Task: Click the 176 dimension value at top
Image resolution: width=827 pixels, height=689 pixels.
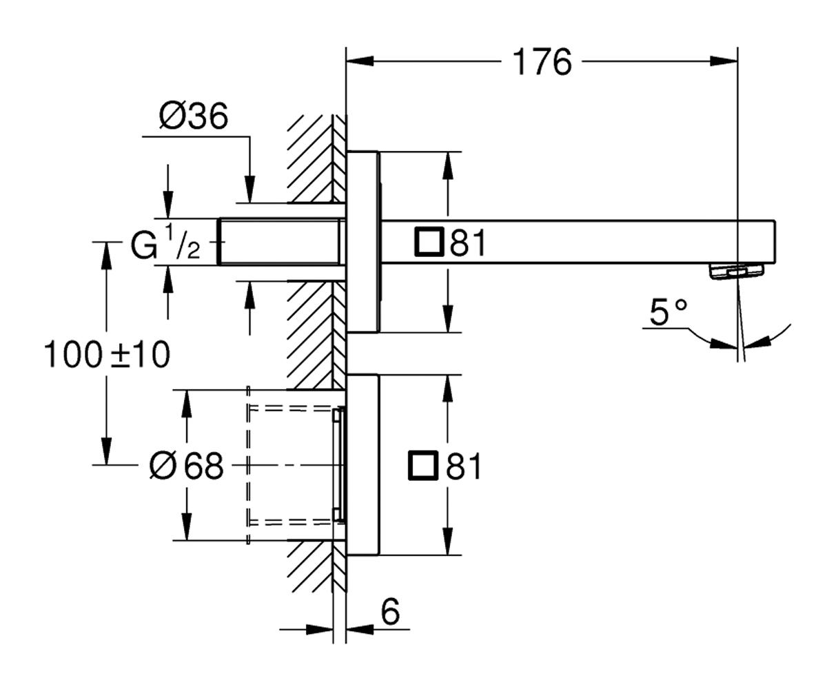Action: pyautogui.click(x=542, y=62)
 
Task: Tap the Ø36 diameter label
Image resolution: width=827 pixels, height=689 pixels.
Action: pyautogui.click(x=194, y=116)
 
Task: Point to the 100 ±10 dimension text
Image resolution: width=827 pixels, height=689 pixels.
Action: pyautogui.click(x=108, y=355)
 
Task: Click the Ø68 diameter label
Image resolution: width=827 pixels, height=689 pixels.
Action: pyautogui.click(x=187, y=466)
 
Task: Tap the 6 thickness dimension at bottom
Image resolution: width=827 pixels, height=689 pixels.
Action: pyautogui.click(x=390, y=612)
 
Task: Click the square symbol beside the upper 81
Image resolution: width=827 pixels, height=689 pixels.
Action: pyautogui.click(x=429, y=242)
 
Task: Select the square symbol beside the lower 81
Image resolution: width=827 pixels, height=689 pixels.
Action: pyautogui.click(x=423, y=466)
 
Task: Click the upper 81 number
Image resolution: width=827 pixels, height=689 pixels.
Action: pyautogui.click(x=468, y=243)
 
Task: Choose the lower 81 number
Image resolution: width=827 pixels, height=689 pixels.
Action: pyautogui.click(x=464, y=466)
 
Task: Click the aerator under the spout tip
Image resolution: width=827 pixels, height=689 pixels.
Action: pyautogui.click(x=736, y=271)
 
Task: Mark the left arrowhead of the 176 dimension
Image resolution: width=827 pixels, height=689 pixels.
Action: pyautogui.click(x=360, y=61)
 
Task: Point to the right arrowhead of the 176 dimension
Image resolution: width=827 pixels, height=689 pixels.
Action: pyautogui.click(x=724, y=61)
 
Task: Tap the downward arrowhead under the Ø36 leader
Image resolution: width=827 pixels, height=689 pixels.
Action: pyautogui.click(x=249, y=189)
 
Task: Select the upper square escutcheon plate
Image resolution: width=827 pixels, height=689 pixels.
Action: pyautogui.click(x=363, y=242)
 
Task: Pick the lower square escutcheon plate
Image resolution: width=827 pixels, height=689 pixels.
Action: pyautogui.click(x=363, y=465)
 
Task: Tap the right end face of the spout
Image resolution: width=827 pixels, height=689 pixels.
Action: pyautogui.click(x=775, y=242)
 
